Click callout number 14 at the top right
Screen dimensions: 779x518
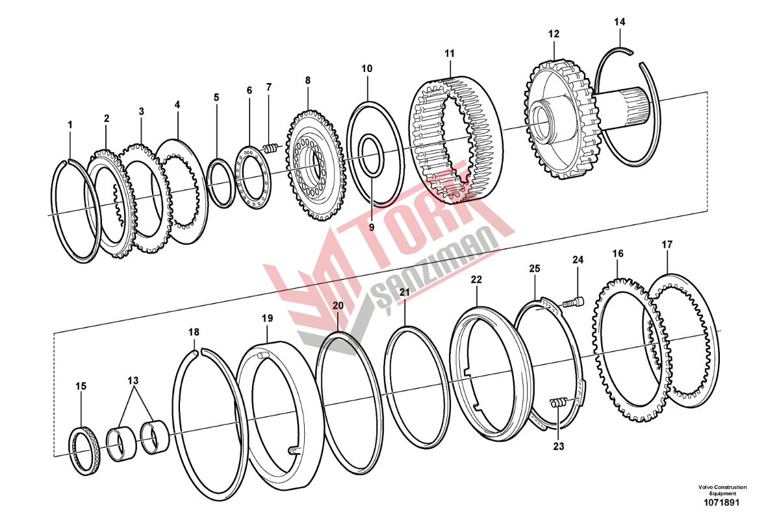tap(620, 22)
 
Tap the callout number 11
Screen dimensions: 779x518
tap(450, 53)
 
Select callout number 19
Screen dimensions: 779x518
tap(267, 318)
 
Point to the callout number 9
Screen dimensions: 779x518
tap(372, 227)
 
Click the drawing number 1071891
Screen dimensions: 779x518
tap(721, 502)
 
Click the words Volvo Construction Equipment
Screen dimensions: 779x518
tap(722, 490)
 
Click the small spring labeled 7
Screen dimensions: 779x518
tap(270, 149)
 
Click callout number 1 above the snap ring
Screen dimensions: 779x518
tap(70, 125)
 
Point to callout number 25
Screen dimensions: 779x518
tap(534, 269)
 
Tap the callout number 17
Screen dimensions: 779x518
tap(667, 245)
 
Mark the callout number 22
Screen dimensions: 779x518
tap(476, 280)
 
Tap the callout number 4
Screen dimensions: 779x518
tap(177, 105)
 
